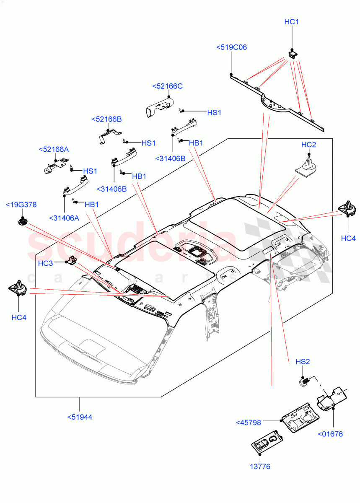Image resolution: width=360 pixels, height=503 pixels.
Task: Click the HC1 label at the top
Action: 291,22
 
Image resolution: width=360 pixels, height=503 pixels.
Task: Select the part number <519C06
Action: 231,47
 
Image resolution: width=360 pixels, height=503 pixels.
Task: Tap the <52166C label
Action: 167,86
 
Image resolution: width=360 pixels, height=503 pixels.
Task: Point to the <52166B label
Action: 106,119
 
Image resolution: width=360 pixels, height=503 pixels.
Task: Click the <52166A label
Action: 53,149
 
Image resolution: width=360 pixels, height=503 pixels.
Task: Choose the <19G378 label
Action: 21,205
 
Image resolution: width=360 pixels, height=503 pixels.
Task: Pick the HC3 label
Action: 45,263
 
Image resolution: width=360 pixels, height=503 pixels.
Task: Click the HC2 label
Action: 308,145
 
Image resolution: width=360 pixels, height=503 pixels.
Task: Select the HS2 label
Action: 303,361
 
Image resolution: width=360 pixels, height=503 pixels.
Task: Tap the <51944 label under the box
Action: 80,417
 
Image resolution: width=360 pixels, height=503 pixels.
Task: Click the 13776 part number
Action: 260,467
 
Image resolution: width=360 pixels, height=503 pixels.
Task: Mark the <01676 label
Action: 330,434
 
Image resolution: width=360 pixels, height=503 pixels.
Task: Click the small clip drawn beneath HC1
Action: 293,54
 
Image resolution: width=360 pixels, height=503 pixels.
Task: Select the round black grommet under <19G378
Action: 22,221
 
